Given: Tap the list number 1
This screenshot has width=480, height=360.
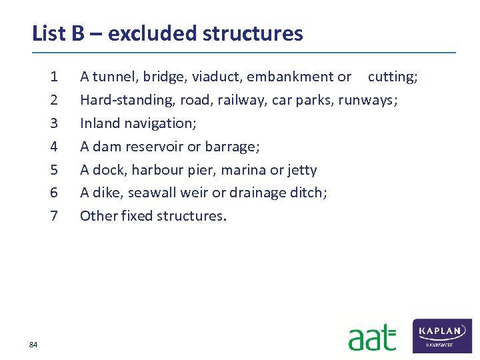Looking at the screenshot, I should [54, 77].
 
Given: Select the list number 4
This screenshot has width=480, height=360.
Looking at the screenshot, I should [54, 147].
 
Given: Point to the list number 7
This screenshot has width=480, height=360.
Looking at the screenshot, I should [54, 216].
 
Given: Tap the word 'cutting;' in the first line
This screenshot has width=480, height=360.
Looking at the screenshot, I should [393, 77].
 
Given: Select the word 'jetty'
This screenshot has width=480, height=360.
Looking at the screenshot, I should [303, 170].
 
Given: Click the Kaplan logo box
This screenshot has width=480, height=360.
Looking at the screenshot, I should [442, 335].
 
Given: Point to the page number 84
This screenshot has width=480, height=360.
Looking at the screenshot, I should [33, 344].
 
